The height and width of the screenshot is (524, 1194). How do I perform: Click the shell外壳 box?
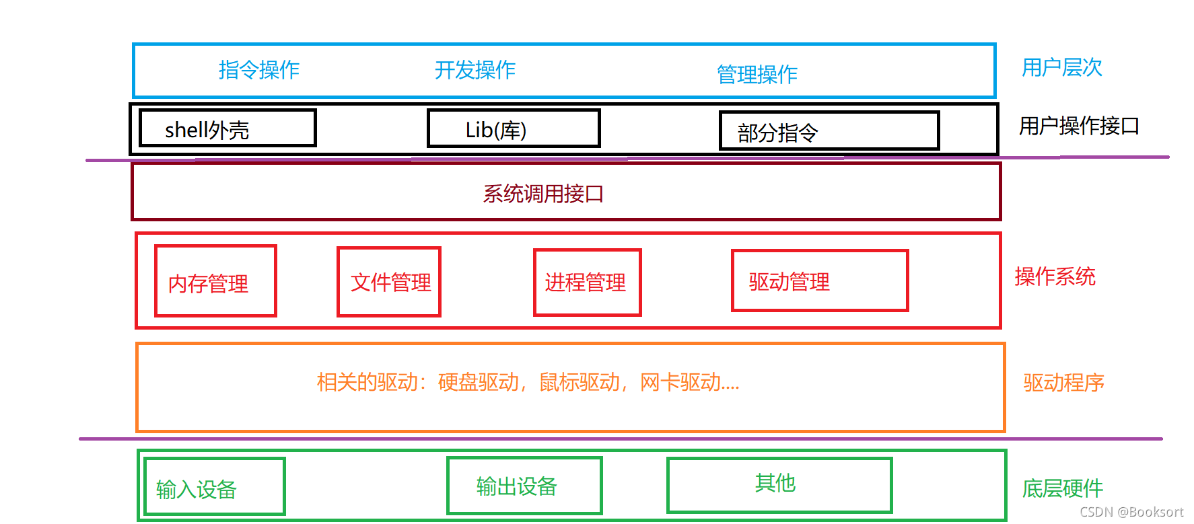coord(227,128)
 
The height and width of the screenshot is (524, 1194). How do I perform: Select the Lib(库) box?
coord(514,128)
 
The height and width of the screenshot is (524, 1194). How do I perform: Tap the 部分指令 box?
coord(829,131)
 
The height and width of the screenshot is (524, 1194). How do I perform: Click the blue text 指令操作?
coord(259,70)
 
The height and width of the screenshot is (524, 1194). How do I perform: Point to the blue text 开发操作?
coord(475,70)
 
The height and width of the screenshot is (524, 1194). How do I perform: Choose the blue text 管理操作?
coord(757,74)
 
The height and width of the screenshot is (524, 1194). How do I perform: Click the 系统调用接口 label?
coord(543,194)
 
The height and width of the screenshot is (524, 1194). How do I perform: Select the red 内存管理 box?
coord(215,281)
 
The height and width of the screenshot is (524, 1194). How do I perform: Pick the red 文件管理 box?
coord(389,282)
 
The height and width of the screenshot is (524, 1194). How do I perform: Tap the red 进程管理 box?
coord(587,283)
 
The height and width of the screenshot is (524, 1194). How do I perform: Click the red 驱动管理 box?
coord(820,281)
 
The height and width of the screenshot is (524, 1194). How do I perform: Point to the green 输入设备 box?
coord(215,487)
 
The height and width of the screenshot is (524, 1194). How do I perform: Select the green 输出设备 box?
coord(524,486)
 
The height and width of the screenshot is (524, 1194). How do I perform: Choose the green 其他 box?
coord(779,485)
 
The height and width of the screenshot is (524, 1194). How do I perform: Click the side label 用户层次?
coord(1062,67)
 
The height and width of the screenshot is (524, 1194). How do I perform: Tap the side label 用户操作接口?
coord(1079,126)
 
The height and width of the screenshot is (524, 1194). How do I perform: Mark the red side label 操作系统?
coord(1055,276)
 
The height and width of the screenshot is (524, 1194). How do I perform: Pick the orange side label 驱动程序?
coord(1064,383)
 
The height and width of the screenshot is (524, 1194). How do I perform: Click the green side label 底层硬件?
coord(1063,488)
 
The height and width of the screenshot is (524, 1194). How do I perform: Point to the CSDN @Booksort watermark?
coord(1131,513)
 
